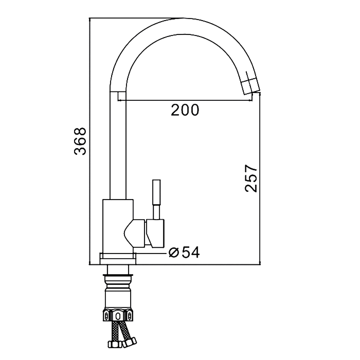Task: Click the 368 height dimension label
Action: [x=80, y=141]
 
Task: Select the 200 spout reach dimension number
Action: [x=185, y=110]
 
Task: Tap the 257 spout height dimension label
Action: [x=251, y=178]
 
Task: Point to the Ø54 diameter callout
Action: [x=184, y=253]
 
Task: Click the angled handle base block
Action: [x=155, y=233]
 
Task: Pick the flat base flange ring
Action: [x=118, y=259]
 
